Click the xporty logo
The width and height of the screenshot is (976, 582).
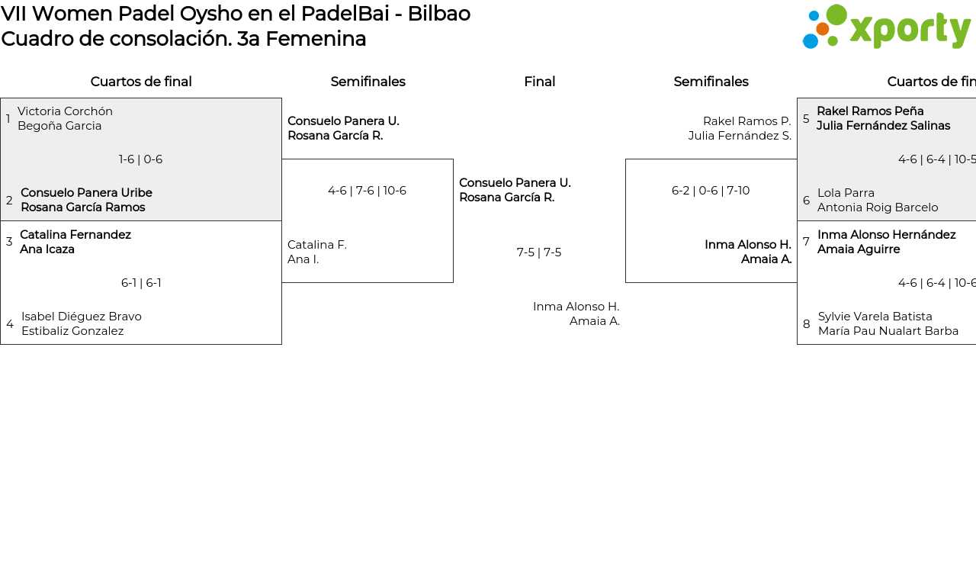pyautogui.click(x=886, y=27)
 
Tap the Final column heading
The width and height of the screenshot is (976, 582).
pyautogui.click(x=539, y=82)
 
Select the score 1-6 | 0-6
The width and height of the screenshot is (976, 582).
pyautogui.click(x=140, y=159)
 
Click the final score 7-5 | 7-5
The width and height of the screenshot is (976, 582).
pyautogui.click(x=539, y=252)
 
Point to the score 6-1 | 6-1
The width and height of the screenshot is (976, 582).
pyautogui.click(x=141, y=283)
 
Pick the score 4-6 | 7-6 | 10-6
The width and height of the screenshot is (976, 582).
pyautogui.click(x=367, y=191)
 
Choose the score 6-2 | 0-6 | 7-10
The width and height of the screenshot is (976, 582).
pyautogui.click(x=711, y=191)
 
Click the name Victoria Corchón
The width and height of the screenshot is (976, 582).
pyautogui.click(x=65, y=111)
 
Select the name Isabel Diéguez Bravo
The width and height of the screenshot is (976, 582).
pyautogui.click(x=82, y=317)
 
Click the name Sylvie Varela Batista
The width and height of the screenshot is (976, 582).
pyautogui.click(x=875, y=317)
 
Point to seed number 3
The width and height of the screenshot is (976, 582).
pyautogui.click(x=9, y=242)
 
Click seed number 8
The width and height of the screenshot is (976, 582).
pyautogui.click(x=806, y=324)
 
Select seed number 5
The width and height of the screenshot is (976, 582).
pyautogui.click(x=806, y=119)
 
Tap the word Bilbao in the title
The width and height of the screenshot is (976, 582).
pyautogui.click(x=438, y=14)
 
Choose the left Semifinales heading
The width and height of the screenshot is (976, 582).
pyautogui.click(x=368, y=82)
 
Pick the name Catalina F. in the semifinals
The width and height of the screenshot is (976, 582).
pyautogui.click(x=316, y=245)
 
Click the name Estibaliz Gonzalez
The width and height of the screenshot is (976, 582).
pyautogui.click(x=72, y=331)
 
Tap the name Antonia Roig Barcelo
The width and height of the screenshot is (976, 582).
pyautogui.click(x=878, y=207)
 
